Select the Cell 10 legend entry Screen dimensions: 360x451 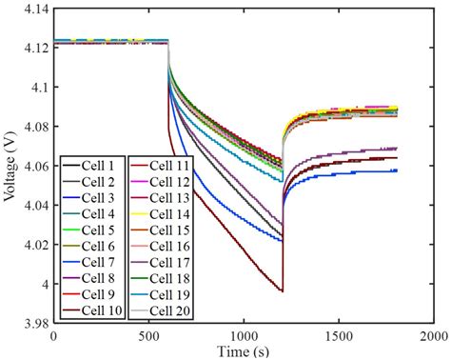[93, 310]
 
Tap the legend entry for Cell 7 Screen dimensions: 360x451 [93, 262]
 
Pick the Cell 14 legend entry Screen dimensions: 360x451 [164, 214]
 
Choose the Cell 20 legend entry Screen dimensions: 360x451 [164, 310]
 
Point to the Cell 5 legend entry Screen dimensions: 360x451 [93, 230]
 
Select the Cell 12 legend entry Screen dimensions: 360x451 [164, 182]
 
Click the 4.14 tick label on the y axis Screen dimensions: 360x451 [34, 8]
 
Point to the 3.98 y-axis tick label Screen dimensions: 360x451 [34, 323]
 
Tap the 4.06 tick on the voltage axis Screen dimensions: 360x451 [34, 166]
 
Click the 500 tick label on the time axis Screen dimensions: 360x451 [147, 337]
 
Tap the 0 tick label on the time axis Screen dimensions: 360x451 [53, 337]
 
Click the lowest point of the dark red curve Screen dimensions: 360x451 [282, 291]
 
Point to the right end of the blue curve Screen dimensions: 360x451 [396, 170]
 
